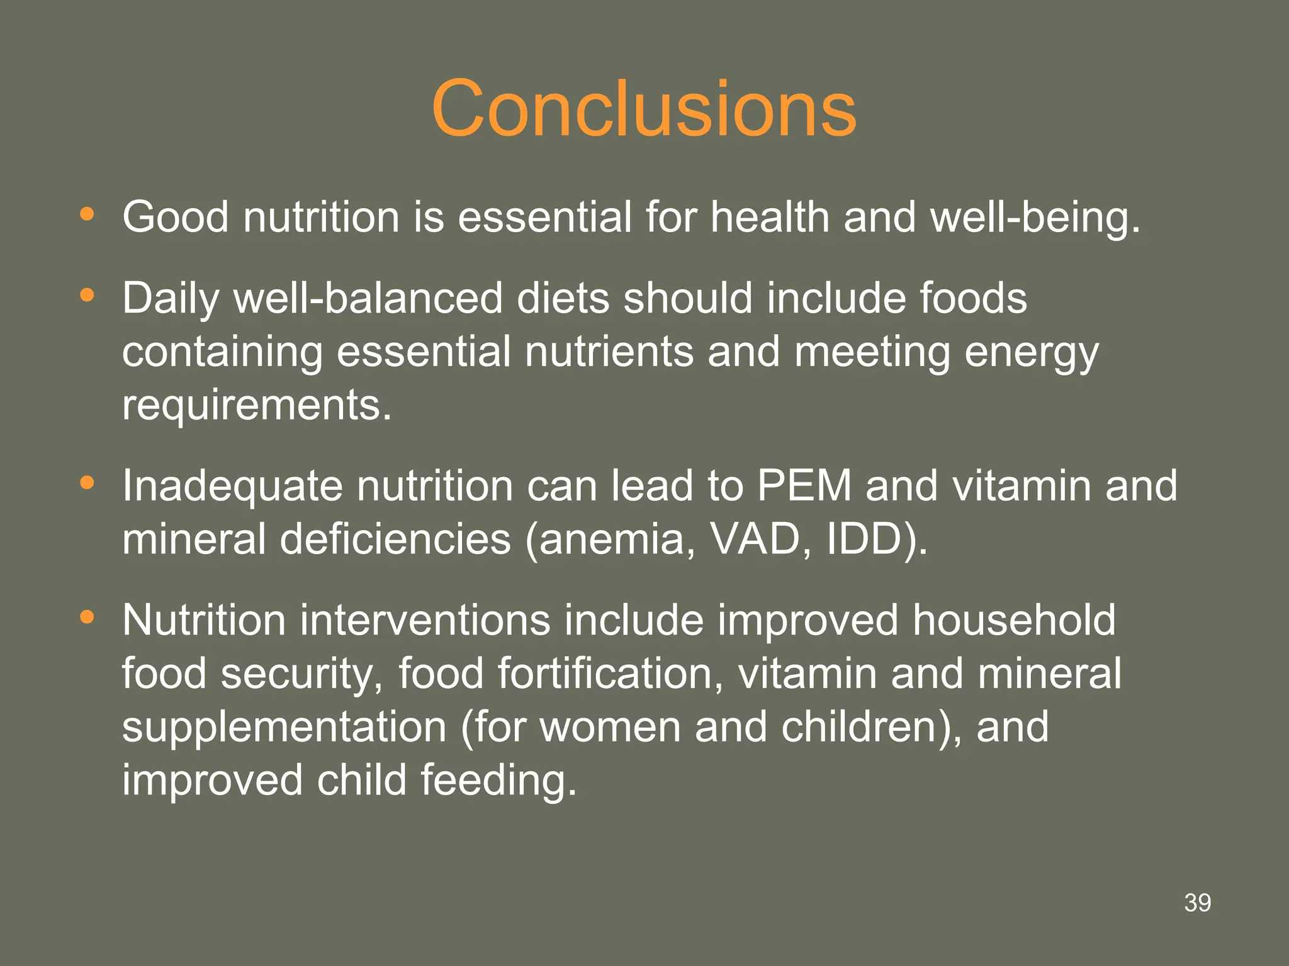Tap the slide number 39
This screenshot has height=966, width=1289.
(1197, 903)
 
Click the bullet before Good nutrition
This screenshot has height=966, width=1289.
(87, 214)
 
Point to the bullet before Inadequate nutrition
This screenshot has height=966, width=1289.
(87, 483)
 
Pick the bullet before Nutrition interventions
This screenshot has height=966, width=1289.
(87, 618)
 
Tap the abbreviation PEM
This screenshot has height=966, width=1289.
(804, 486)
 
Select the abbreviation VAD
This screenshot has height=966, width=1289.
(754, 540)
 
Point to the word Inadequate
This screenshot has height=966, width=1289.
(232, 486)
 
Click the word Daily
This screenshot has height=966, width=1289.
(171, 299)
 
